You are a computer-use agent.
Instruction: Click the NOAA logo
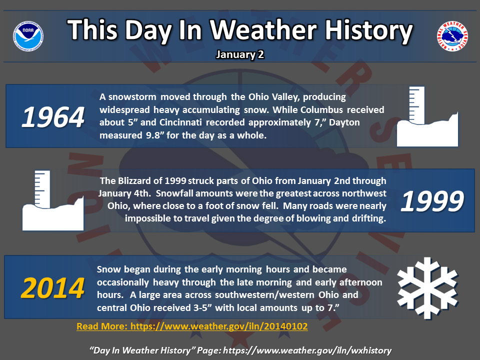click(28, 36)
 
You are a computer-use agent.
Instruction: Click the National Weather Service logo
click(452, 36)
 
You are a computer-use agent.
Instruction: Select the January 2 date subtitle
click(240, 54)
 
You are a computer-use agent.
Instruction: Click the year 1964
click(53, 117)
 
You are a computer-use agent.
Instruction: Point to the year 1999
click(432, 201)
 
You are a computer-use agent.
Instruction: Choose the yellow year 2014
click(52, 288)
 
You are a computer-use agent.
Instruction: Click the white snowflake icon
click(427, 288)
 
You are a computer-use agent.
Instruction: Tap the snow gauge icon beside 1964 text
click(427, 116)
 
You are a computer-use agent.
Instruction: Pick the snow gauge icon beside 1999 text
click(53, 200)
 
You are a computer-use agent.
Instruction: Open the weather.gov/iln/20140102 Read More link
click(192, 326)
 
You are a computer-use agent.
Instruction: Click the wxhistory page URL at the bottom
click(307, 350)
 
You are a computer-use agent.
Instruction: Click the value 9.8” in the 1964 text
click(153, 135)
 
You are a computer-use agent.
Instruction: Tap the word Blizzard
click(134, 180)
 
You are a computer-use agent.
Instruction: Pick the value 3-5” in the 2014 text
click(202, 307)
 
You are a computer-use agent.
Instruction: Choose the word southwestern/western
click(264, 294)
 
